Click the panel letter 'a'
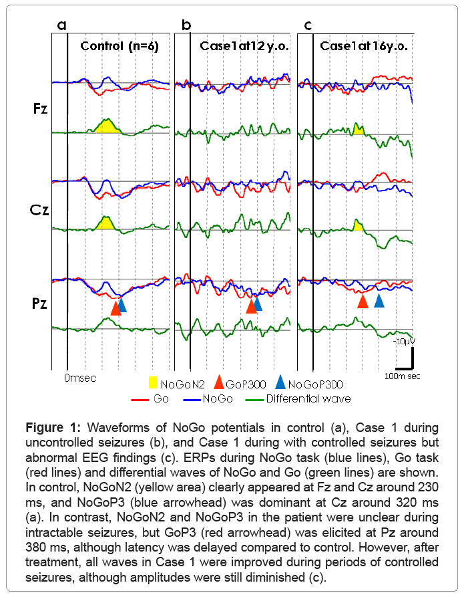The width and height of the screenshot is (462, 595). point(62,26)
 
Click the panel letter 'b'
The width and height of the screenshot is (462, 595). point(186,26)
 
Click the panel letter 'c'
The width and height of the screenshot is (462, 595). point(308,26)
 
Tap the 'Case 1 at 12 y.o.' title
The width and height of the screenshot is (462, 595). point(242,46)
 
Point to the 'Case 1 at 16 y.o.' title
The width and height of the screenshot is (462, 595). point(364,46)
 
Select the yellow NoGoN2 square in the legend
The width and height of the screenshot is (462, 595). point(153,383)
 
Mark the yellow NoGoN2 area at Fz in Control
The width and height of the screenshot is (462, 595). point(106,126)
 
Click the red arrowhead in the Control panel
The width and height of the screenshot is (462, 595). point(115,308)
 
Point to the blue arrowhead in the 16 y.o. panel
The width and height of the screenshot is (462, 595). point(379,300)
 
